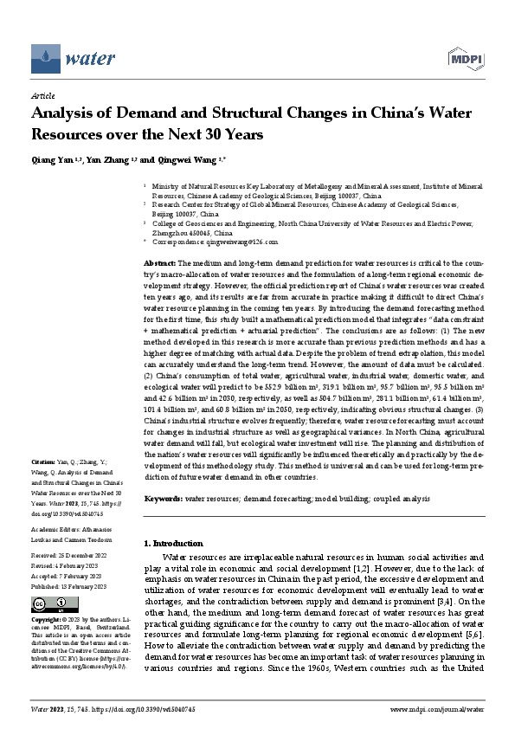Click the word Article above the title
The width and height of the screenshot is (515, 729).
click(x=42, y=98)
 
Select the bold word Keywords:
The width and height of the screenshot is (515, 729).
click(x=162, y=500)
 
